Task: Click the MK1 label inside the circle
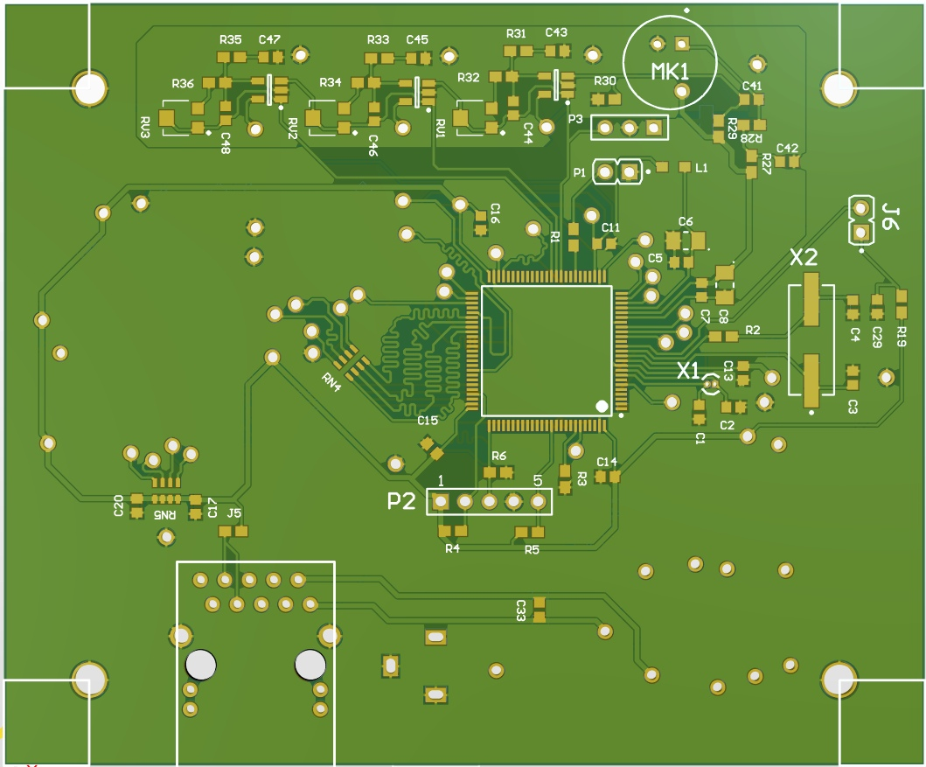coord(670,70)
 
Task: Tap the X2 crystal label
coord(804,258)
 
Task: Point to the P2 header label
coord(402,501)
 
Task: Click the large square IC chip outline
coord(547,350)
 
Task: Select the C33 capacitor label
coord(520,610)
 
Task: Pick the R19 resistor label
coord(902,336)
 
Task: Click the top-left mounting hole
coord(89,88)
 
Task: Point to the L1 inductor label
coord(701,166)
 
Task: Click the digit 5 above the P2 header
coord(537,480)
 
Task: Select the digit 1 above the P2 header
coord(441,480)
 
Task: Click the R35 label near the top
coord(231,40)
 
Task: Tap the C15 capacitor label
coord(428,421)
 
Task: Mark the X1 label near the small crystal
coord(689,371)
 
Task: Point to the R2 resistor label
coord(753,330)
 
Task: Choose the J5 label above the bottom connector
coord(234,512)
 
